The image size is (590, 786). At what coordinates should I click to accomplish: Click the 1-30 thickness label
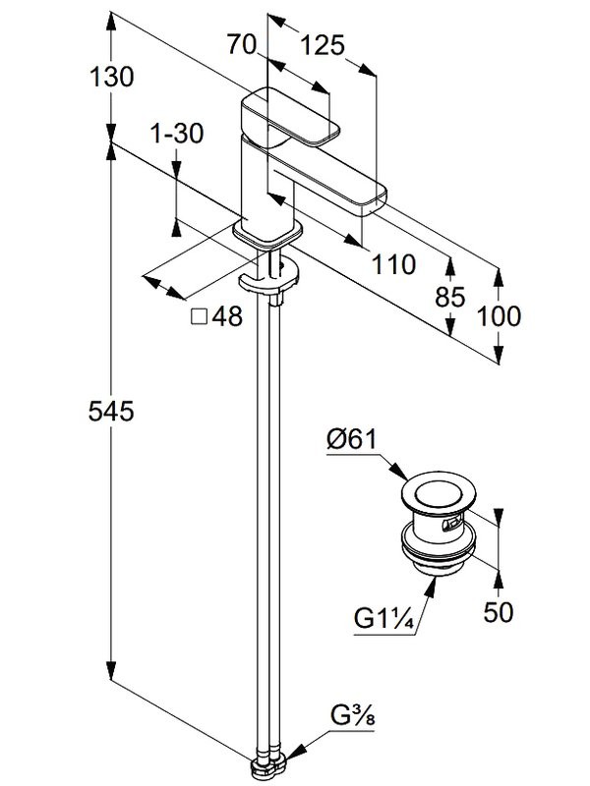(x=177, y=135)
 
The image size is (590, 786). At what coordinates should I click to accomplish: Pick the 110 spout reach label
(x=393, y=263)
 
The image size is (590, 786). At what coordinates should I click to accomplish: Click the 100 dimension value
(x=500, y=316)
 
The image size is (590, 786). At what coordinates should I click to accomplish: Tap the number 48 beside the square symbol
(x=226, y=317)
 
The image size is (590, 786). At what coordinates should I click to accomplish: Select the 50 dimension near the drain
(x=500, y=613)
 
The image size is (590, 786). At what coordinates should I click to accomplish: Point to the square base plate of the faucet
(x=265, y=234)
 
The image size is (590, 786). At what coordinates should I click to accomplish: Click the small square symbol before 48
(x=198, y=317)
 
